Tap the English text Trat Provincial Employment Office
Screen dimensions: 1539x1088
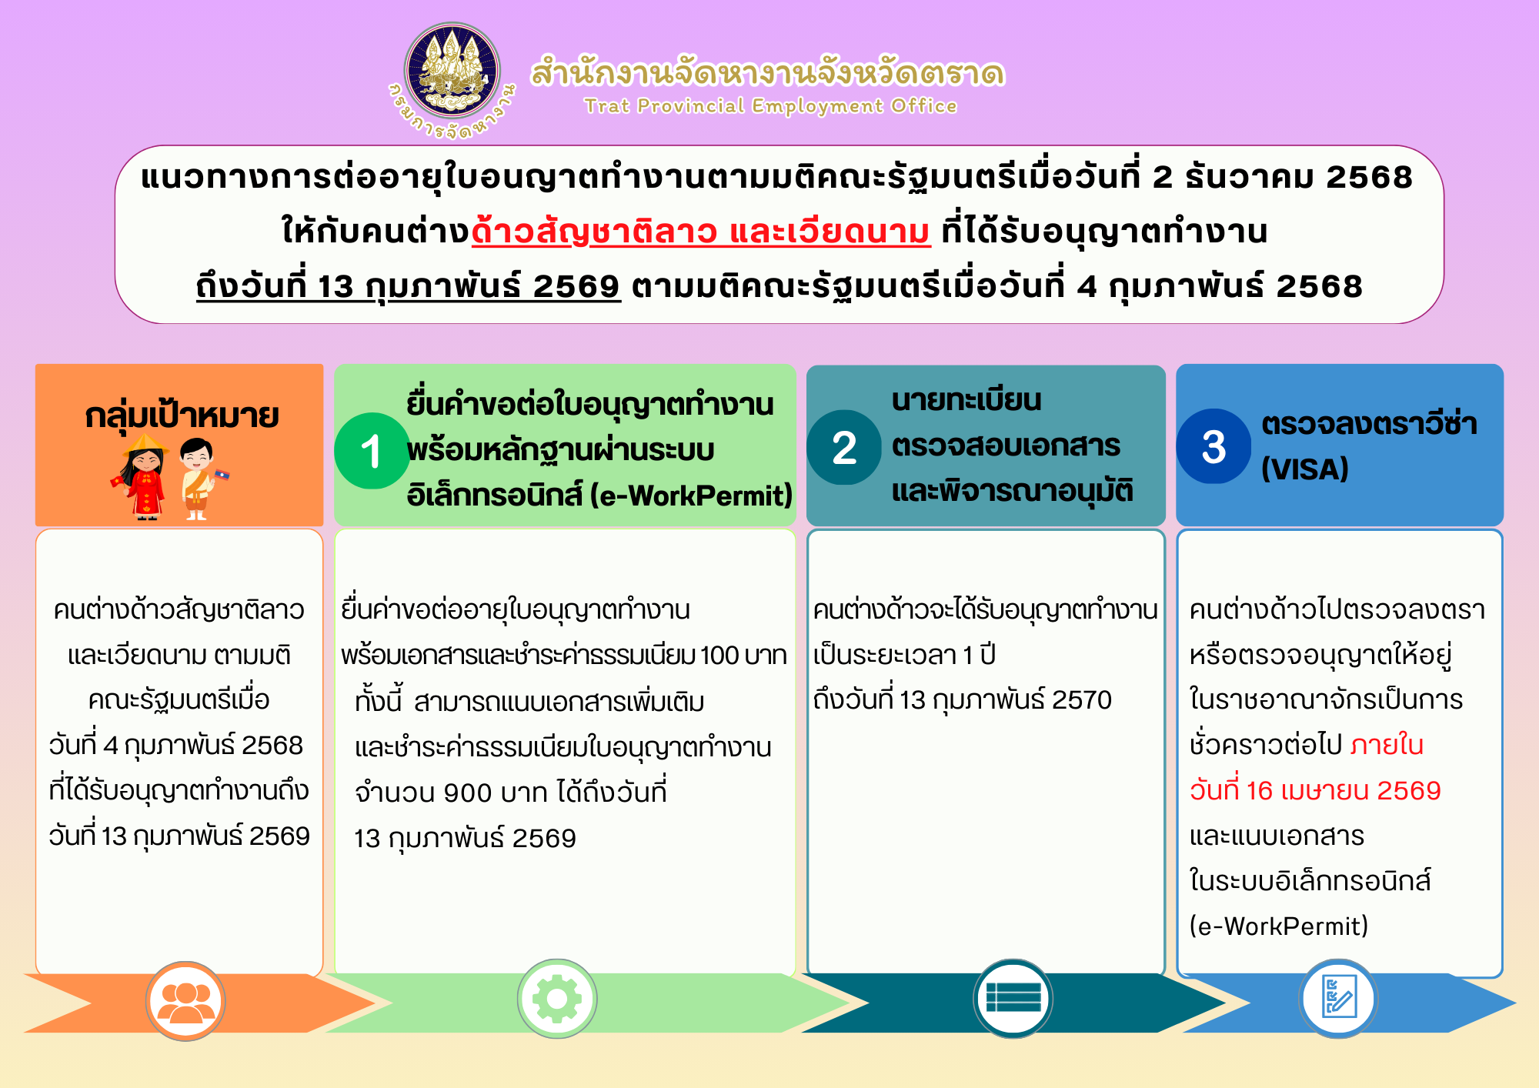pyautogui.click(x=770, y=105)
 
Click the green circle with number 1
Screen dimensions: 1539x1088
pyautogui.click(x=372, y=451)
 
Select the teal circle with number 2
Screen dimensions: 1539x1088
pyautogui.click(x=844, y=447)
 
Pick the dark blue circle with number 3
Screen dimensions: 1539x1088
pyautogui.click(x=1214, y=446)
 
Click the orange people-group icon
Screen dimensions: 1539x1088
pyautogui.click(x=185, y=1001)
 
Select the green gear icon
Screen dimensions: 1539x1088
pyautogui.click(x=557, y=999)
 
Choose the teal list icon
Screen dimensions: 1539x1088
pyautogui.click(x=1013, y=998)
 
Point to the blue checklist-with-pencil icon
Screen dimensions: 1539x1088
pyautogui.click(x=1338, y=998)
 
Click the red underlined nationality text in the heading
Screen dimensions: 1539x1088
pyautogui.click(x=701, y=231)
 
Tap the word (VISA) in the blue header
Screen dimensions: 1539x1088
pyautogui.click(x=1305, y=469)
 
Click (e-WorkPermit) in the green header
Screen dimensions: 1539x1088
pyautogui.click(x=691, y=496)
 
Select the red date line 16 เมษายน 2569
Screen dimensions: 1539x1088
pyautogui.click(x=1315, y=790)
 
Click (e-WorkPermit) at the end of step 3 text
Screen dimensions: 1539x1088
pyautogui.click(x=1279, y=926)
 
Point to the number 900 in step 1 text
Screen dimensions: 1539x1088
pyautogui.click(x=469, y=793)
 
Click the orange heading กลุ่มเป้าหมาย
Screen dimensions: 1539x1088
pyautogui.click(x=182, y=416)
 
